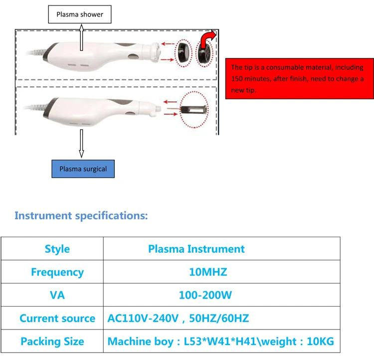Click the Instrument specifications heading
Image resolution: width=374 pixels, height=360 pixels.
81,216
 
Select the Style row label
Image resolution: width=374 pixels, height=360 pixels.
57,249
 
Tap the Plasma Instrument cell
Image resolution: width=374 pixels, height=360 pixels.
196,249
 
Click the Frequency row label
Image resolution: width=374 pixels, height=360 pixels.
57,272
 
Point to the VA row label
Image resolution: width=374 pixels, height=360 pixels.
57,295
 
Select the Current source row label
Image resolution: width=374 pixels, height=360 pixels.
57,319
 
